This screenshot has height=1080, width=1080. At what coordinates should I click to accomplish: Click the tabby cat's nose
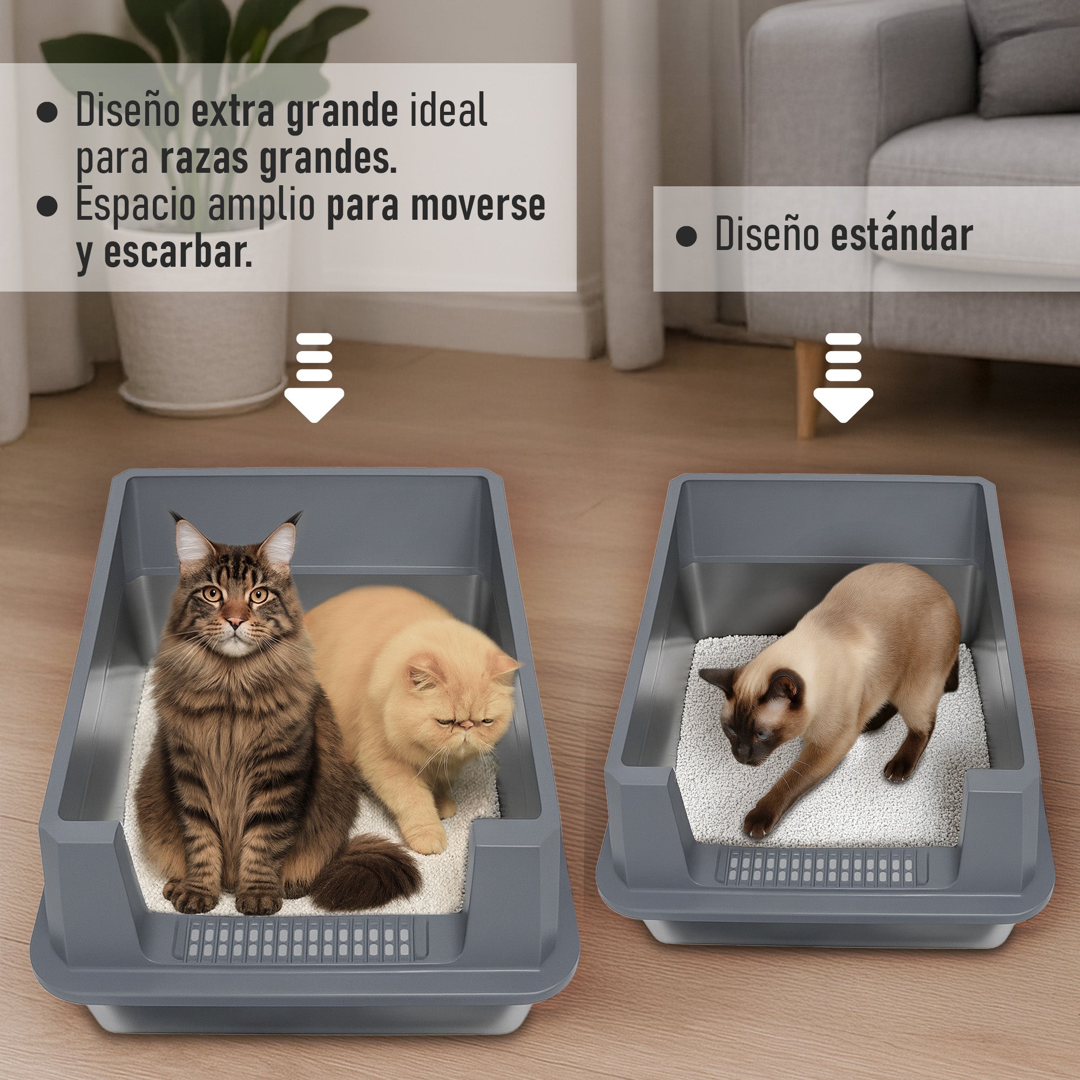pos(235,622)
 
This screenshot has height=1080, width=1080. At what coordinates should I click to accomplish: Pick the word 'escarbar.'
pos(177,253)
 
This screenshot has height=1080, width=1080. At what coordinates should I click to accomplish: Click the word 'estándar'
pos(901,235)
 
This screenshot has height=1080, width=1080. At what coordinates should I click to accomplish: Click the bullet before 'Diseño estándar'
pos(686,237)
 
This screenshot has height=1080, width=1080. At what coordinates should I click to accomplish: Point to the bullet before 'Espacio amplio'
pos(47,206)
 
